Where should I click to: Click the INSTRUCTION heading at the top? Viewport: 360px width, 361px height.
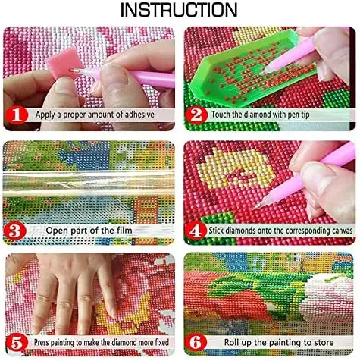pyautogui.click(x=179, y=10)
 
